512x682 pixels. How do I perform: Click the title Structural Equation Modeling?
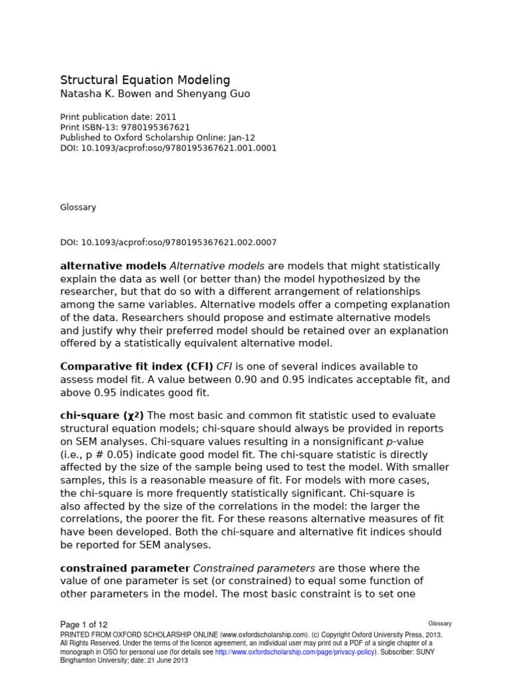145,80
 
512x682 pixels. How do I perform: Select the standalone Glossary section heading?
78,207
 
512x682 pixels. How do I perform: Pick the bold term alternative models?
113,266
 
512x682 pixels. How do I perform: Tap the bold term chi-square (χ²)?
102,416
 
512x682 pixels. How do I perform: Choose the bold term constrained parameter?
125,568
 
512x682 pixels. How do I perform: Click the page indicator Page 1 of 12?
84,625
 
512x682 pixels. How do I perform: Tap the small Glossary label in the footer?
440,624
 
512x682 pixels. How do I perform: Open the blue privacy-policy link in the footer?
295,652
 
